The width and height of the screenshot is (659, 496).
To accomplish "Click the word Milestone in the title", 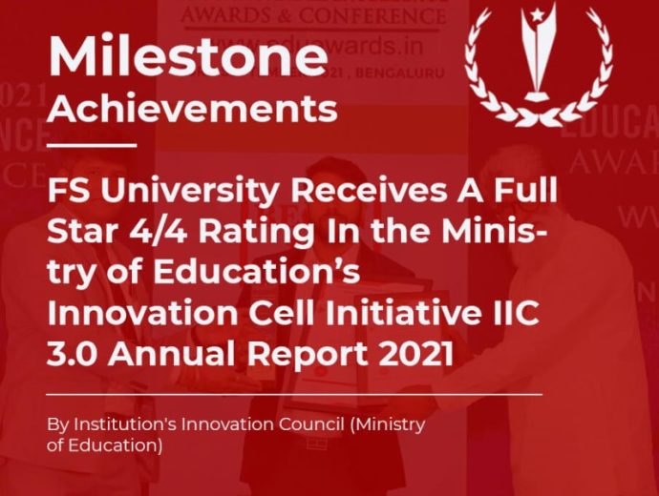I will pyautogui.click(x=187, y=59).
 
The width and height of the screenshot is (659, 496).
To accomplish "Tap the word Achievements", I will pyautogui.click(x=192, y=109).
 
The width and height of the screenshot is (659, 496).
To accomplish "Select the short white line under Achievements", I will pyautogui.click(x=92, y=146).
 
